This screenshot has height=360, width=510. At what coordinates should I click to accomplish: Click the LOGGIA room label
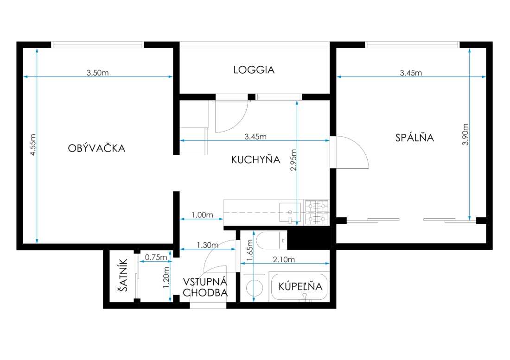point(254,70)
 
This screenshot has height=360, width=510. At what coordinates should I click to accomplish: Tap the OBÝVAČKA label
point(96,148)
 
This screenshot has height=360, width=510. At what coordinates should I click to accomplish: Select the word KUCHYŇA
point(255,159)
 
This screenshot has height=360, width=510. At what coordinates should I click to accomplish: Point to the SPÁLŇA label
point(414,138)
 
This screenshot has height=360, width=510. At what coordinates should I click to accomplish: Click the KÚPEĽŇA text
point(300,286)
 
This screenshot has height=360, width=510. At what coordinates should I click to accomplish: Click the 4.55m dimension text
point(33,145)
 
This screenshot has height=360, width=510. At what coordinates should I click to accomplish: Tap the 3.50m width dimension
point(97,73)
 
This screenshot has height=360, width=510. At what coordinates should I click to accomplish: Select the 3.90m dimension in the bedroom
point(465,134)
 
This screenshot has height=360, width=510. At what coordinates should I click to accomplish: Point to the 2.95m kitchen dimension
point(293,160)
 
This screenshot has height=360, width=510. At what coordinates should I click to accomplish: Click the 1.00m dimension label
point(202,215)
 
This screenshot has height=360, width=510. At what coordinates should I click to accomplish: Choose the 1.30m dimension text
point(208,245)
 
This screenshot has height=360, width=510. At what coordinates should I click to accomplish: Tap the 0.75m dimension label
point(156,257)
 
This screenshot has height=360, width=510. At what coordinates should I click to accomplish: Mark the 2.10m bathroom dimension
point(284,259)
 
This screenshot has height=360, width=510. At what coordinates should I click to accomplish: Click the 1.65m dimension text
point(249,250)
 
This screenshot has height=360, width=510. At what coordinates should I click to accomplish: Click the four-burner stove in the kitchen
point(317,213)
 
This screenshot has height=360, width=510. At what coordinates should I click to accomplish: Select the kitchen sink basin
point(290,213)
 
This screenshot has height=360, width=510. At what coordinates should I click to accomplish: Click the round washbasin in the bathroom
point(255,288)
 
